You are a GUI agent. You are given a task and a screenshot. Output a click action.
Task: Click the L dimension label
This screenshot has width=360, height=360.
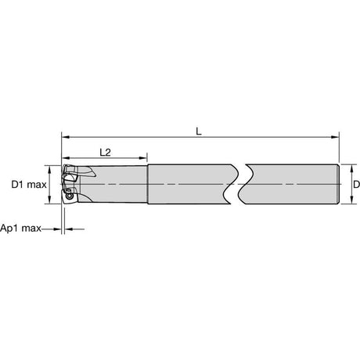[199, 131]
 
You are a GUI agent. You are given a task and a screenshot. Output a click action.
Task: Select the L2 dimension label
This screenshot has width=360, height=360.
[106, 153]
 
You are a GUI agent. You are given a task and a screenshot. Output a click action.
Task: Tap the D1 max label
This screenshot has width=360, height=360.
[29, 185]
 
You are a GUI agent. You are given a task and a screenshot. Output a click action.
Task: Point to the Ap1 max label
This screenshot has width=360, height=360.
[20, 229]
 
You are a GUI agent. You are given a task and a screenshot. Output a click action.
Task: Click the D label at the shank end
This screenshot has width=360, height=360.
[357, 185]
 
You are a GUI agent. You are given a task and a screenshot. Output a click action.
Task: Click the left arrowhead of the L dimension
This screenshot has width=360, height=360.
[66, 137]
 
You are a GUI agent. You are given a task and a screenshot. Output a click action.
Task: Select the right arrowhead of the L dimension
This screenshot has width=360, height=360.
[335, 137]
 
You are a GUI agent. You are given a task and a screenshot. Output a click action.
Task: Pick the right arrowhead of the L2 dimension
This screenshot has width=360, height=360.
[143, 158]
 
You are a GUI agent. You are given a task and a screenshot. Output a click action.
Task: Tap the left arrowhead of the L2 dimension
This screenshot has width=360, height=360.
[66, 158]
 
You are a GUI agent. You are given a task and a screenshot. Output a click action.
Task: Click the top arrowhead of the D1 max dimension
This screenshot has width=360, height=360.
[49, 169]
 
